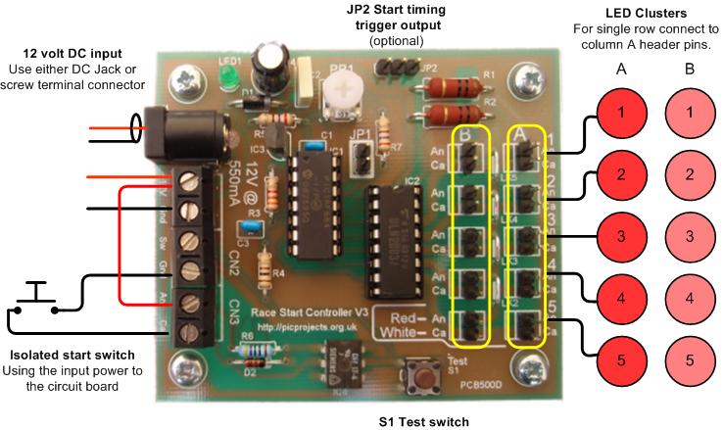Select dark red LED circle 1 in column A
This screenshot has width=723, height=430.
pos(621,113)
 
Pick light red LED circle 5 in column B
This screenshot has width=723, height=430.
pos(691,359)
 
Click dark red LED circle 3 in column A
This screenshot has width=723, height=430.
pos(621,236)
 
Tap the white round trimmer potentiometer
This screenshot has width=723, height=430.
pos(341,93)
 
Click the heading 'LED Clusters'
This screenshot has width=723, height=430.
pos(645,13)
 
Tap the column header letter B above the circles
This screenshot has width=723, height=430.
pos(691,70)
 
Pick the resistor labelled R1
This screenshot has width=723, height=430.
pos(453,87)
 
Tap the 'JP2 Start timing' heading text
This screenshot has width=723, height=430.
pos(396,11)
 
